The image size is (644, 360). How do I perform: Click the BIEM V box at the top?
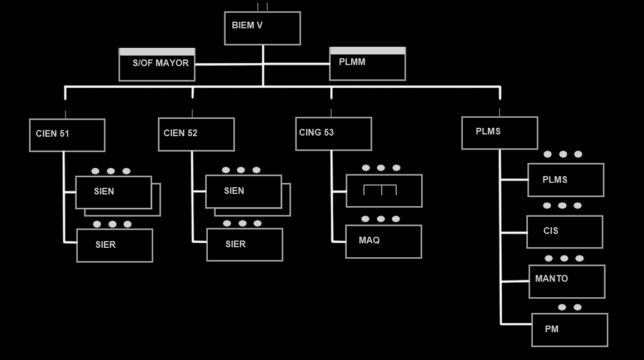(x=262, y=28)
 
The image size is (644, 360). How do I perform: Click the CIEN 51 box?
(x=67, y=135)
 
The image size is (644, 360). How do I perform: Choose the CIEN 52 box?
(x=196, y=134)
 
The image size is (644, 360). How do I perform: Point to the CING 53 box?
(x=333, y=134)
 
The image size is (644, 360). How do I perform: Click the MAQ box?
(x=383, y=242)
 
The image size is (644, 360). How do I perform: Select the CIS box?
(x=565, y=232)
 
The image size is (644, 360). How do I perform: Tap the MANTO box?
(x=567, y=282)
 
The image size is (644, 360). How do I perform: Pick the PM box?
(x=570, y=330)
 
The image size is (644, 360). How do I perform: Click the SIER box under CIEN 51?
(x=114, y=246)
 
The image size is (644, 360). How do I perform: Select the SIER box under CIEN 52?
(x=244, y=244)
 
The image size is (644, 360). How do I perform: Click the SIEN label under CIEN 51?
(x=104, y=192)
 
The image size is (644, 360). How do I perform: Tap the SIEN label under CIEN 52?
(x=234, y=191)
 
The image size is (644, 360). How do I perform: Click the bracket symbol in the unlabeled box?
(x=380, y=189)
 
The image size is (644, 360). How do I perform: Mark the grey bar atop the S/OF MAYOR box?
(x=157, y=52)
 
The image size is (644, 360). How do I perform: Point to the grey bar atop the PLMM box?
(x=367, y=51)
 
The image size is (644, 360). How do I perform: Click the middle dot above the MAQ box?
(x=381, y=219)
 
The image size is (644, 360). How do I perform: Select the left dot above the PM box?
(x=562, y=307)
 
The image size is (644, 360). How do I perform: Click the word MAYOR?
(x=172, y=63)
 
